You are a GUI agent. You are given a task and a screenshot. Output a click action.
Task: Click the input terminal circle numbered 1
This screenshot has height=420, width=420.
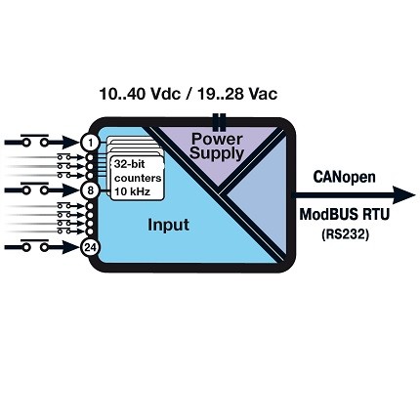pyautogui.click(x=89, y=143)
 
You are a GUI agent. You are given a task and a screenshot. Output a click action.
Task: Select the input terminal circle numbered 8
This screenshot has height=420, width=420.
pyautogui.click(x=89, y=190)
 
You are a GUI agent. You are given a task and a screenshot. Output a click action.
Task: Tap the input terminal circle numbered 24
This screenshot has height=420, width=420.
pyautogui.click(x=89, y=248)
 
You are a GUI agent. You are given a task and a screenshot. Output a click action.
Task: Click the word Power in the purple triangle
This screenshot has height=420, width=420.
pyautogui.click(x=217, y=139)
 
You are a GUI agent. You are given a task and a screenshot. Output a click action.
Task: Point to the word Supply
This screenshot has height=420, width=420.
pyautogui.click(x=217, y=153)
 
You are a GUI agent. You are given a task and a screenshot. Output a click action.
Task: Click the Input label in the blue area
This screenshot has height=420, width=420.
pyautogui.click(x=168, y=225)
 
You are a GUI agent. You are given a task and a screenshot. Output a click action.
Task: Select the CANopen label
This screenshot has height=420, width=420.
pyautogui.click(x=344, y=177)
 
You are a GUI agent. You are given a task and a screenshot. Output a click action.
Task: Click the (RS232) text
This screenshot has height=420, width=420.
pyautogui.click(x=346, y=234)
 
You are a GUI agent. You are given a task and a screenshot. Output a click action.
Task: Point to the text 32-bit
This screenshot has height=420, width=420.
pyautogui.click(x=130, y=164)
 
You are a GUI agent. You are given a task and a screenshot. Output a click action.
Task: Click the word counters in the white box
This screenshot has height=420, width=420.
pyautogui.click(x=138, y=179)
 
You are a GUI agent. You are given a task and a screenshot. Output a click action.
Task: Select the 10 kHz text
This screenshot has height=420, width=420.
pyautogui.click(x=133, y=191)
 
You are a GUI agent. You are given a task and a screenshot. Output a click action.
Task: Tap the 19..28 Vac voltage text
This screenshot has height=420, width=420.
pyautogui.click(x=237, y=94)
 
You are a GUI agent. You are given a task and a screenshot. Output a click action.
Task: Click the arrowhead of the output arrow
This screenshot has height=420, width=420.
pyautogui.click(x=404, y=195)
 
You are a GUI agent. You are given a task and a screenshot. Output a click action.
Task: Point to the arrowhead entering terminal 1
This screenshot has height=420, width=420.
pyautogui.click(x=71, y=143)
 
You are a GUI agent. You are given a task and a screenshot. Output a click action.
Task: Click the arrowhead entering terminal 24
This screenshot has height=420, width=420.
pyautogui.click(x=71, y=248)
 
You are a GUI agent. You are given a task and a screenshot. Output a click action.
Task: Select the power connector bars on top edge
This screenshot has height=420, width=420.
pyautogui.click(x=219, y=120)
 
